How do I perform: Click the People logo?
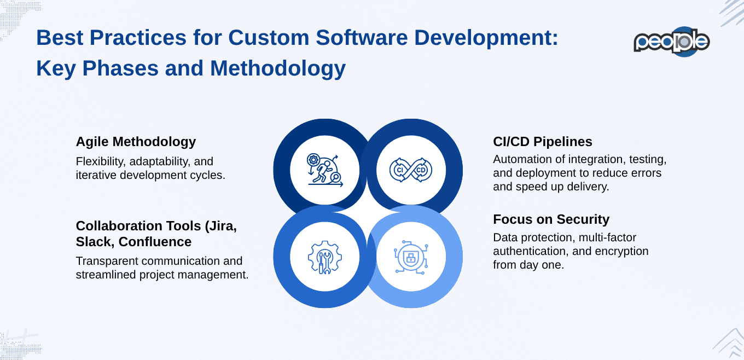coord(671,42)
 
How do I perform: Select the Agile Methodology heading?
coord(136,142)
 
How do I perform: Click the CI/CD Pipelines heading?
coord(542,142)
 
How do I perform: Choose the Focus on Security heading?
coord(551,219)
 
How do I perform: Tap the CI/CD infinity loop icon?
coord(411,170)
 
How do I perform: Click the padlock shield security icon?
coord(411,257)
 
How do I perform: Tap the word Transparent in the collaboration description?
coord(106,262)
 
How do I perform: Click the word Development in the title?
coord(481,38)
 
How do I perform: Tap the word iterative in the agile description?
coord(95,176)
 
